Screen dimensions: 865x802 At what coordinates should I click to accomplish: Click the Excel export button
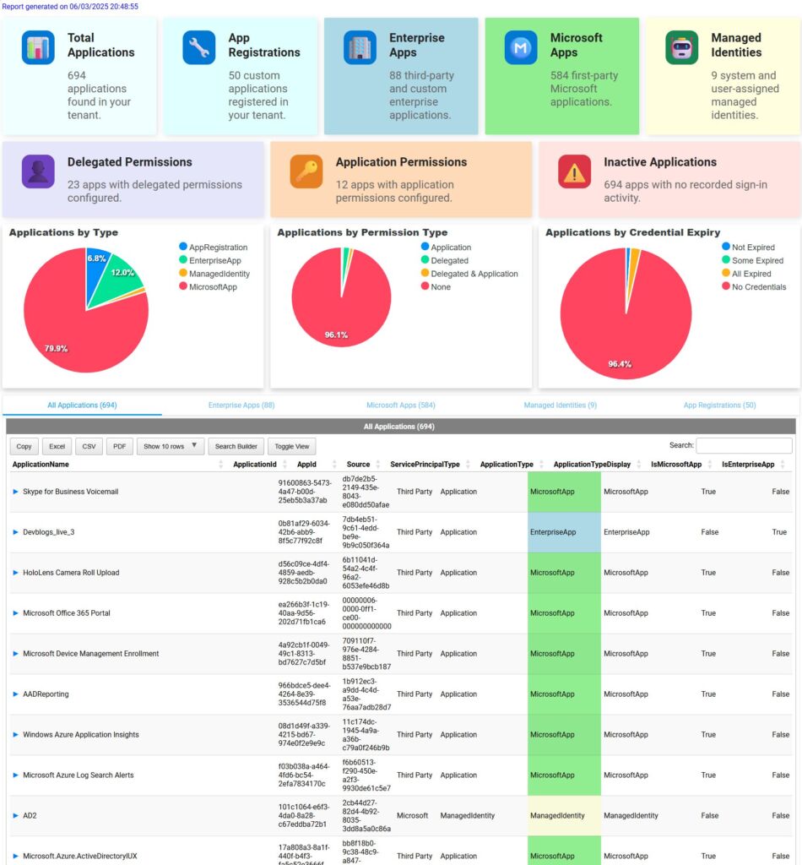[x=57, y=446]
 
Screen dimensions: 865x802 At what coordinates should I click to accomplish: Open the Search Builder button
[x=237, y=446]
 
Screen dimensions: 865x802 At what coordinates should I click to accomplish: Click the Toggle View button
[x=292, y=446]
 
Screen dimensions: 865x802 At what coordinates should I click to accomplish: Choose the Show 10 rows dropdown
[x=170, y=446]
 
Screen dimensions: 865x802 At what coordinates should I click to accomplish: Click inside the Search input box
[x=744, y=445]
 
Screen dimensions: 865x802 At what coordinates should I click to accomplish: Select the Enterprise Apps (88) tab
[x=241, y=405]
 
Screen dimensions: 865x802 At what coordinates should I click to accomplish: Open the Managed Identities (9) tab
[x=560, y=405]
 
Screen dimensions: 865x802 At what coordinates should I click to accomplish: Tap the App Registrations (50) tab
[x=719, y=405]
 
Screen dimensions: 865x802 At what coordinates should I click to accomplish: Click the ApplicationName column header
[x=41, y=465]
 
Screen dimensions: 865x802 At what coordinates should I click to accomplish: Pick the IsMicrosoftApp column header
[x=676, y=465]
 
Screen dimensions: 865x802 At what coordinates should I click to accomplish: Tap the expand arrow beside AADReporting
[x=15, y=694]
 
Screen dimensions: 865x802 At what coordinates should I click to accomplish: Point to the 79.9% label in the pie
[x=57, y=348]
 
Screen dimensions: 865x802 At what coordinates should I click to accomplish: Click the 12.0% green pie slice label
[x=122, y=273]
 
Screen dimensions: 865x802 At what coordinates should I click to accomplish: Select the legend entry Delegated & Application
[x=474, y=274]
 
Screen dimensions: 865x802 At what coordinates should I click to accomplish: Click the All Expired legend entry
[x=751, y=274]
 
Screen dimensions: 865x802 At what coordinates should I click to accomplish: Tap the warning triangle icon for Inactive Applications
[x=574, y=171]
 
